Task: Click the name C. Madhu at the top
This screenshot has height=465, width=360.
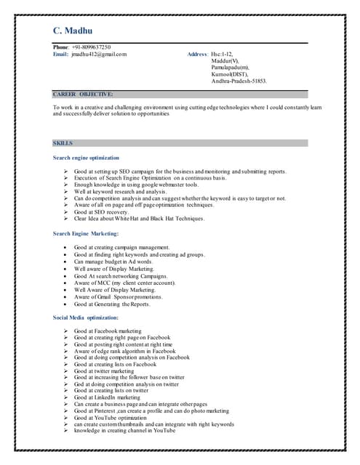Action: click(73, 31)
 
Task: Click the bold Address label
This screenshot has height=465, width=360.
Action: click(198, 54)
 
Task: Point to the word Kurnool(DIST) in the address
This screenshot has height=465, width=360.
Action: click(230, 74)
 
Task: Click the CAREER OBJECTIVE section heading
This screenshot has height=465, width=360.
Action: click(83, 94)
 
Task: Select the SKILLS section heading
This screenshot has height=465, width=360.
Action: click(63, 143)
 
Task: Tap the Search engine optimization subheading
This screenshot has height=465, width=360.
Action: click(86, 158)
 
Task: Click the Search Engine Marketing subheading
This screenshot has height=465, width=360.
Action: click(86, 233)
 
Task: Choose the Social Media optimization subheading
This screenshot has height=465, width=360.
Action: click(85, 318)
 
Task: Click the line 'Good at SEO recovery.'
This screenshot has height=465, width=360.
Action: click(104, 211)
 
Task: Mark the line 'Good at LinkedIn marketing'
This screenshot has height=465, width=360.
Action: click(107, 397)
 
